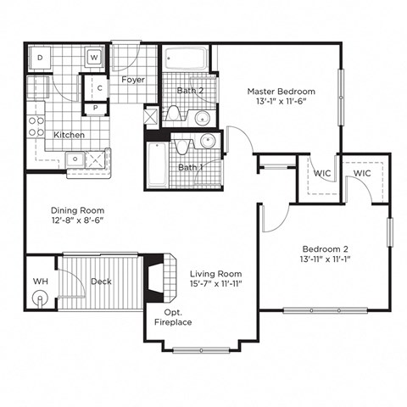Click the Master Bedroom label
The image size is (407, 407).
tap(281, 92)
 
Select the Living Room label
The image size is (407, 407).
tap(216, 274)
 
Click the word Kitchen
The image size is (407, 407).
tap(69, 135)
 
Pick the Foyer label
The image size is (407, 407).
tap(133, 80)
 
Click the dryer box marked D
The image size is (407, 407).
tap(40, 58)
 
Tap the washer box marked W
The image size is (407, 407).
tap(94, 58)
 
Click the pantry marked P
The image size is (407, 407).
tap(96, 108)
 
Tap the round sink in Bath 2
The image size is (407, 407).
tap(203, 118)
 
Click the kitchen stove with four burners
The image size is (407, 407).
tap(36, 126)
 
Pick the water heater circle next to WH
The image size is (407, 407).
tap(39, 298)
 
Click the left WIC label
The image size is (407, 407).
tap(321, 174)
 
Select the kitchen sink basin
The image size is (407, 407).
tap(77, 159)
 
